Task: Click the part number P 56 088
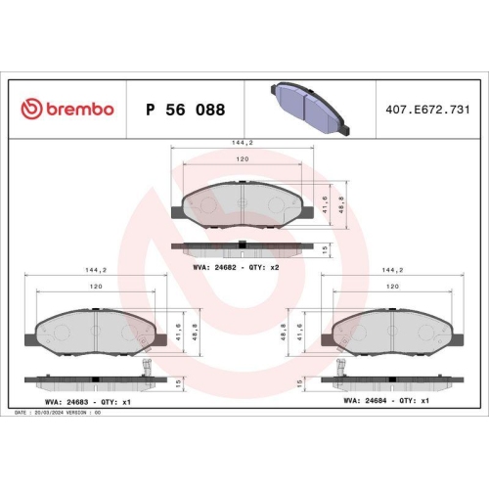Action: [187, 109]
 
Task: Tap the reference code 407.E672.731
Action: [423, 109]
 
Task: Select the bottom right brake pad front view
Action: [391, 332]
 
